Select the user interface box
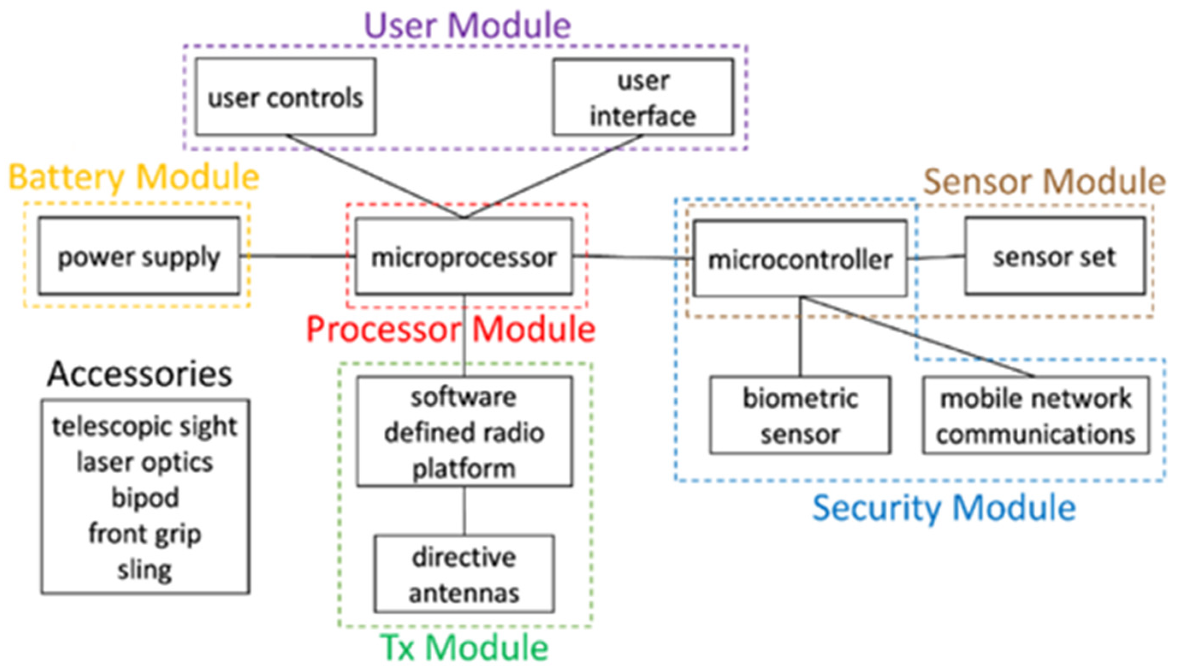pyautogui.click(x=643, y=98)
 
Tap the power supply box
pyautogui.click(x=139, y=256)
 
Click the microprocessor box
pyautogui.click(x=464, y=256)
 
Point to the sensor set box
pyautogui.click(x=1055, y=256)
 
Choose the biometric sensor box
pyautogui.click(x=800, y=415)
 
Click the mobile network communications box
pyautogui.click(x=1035, y=415)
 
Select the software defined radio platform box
pyautogui.click(x=464, y=432)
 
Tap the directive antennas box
pyautogui.click(x=464, y=574)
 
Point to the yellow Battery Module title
pyautogui.click(x=134, y=178)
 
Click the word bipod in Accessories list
pyautogui.click(x=145, y=498)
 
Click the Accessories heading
pyautogui.click(x=139, y=374)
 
